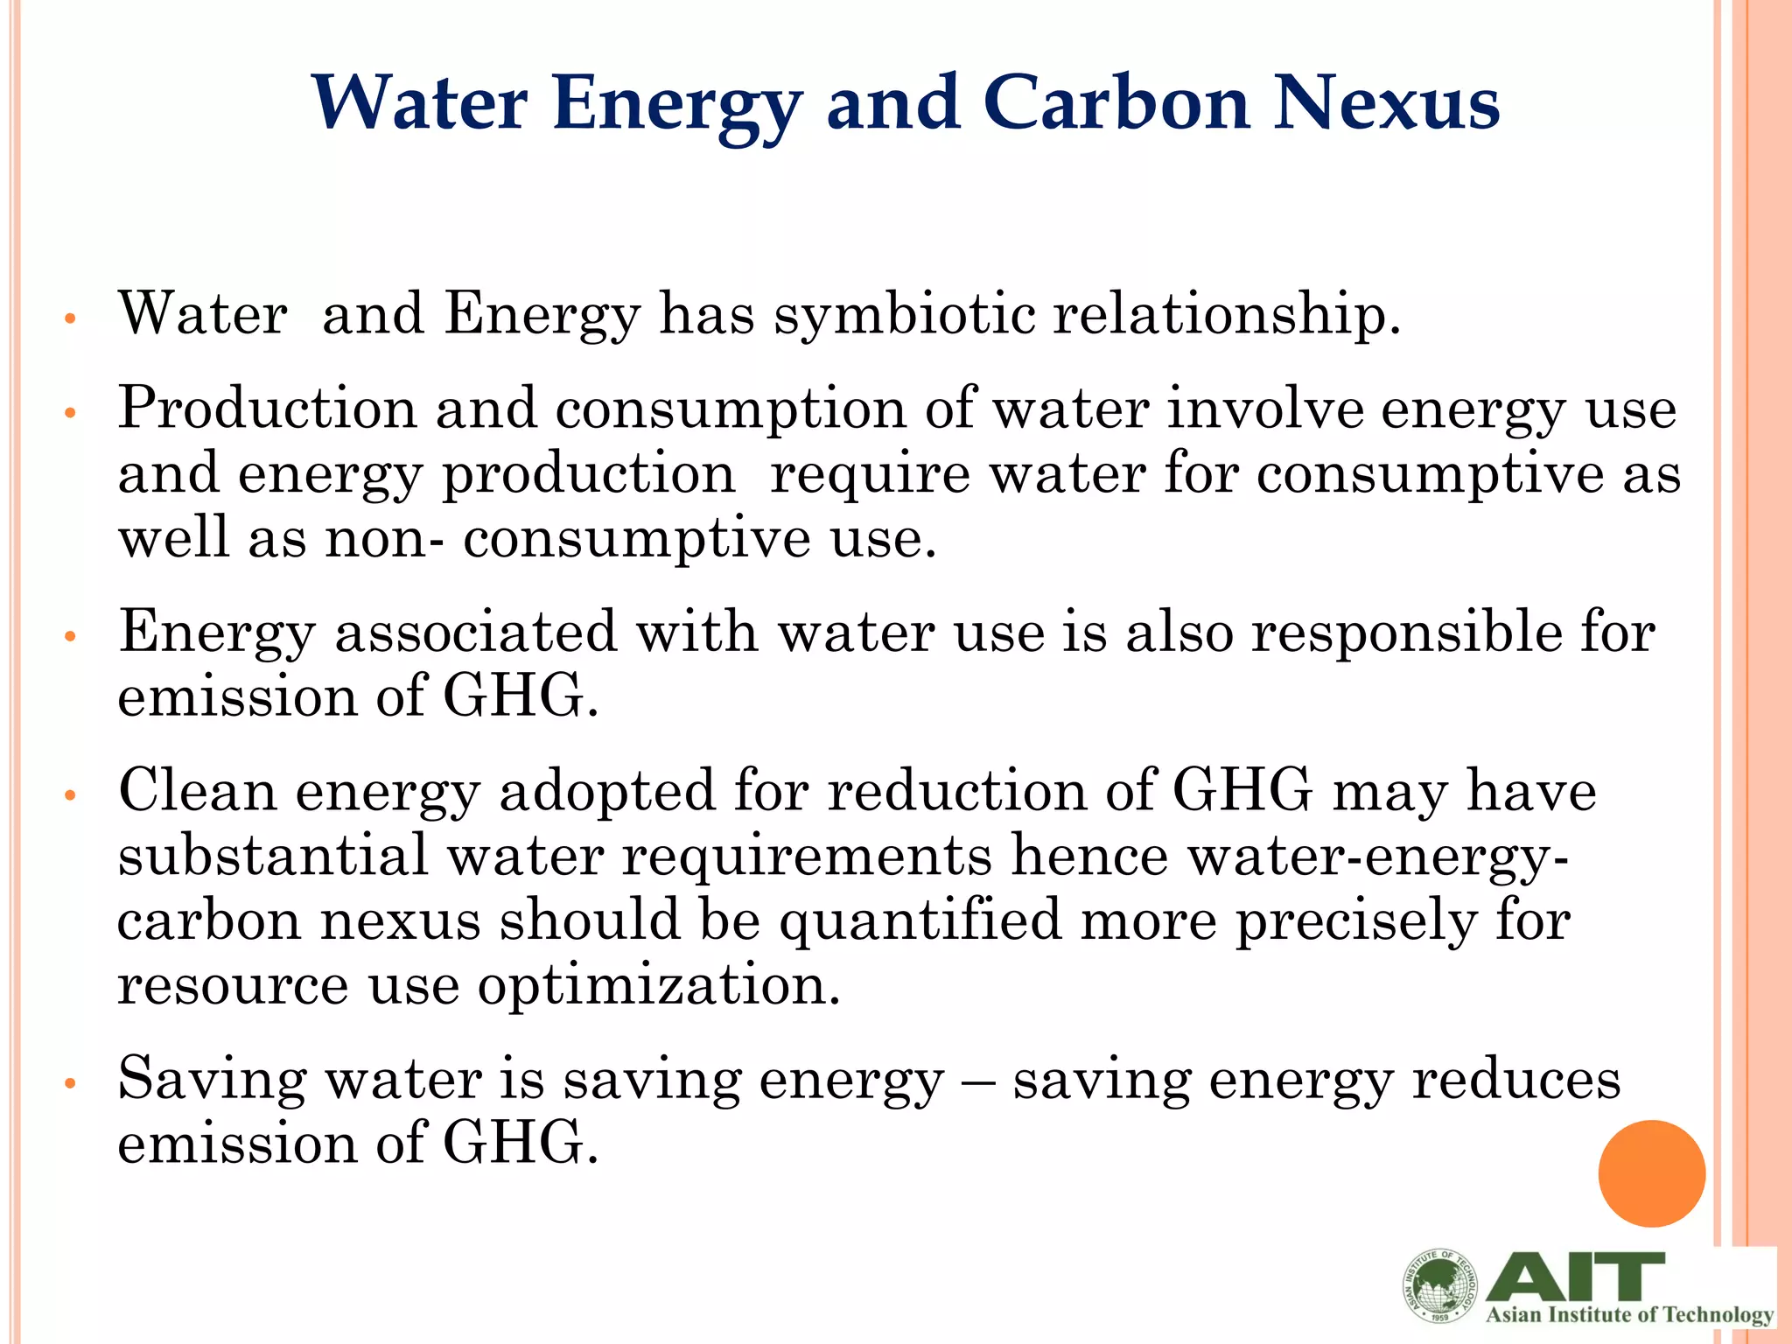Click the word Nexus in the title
[1386, 103]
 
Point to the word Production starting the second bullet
[267, 409]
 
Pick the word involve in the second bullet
[1265, 409]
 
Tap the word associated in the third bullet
[476, 632]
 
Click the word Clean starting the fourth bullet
[197, 791]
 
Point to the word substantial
[273, 856]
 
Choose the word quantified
[920, 921]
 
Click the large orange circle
[1651, 1173]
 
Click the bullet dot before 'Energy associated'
[72, 637]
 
